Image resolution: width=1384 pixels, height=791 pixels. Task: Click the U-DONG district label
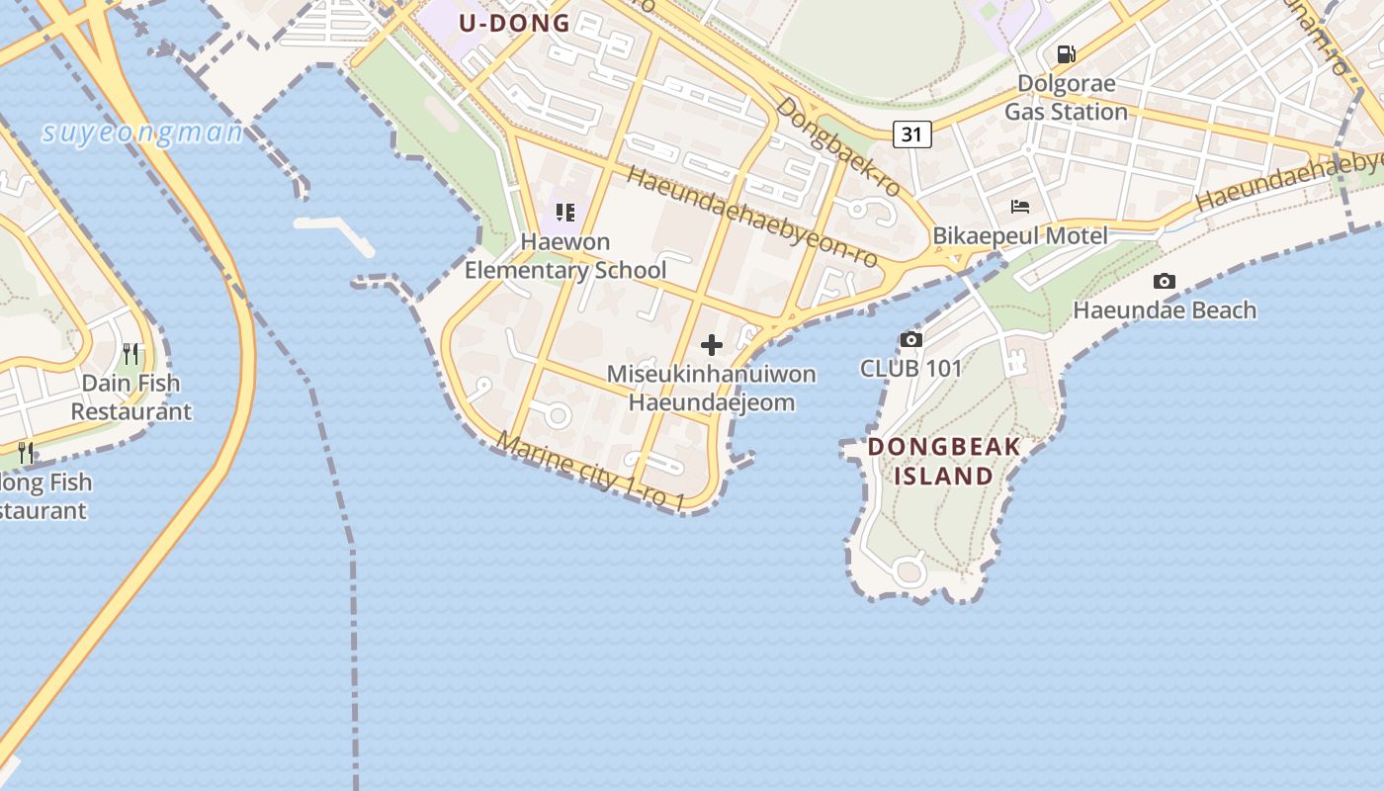515,23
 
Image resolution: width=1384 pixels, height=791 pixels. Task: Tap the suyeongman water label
142,132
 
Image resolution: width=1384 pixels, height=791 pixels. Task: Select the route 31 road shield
912,133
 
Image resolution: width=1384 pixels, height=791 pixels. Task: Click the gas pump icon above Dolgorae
1066,54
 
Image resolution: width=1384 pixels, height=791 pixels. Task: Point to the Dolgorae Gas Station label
1066,98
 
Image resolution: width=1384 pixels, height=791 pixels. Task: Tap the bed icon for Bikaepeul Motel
1020,207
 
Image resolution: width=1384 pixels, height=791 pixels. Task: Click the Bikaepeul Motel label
1020,236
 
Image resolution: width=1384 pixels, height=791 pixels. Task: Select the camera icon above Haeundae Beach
1165,282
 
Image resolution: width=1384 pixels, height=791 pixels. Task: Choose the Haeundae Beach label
1165,310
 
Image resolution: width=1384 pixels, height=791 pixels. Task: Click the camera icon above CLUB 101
910,340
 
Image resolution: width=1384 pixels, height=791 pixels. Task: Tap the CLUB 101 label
910,369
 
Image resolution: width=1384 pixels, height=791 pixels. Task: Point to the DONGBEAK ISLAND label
944,462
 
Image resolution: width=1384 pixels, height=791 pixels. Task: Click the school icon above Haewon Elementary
565,213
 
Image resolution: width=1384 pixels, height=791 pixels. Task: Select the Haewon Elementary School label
565,256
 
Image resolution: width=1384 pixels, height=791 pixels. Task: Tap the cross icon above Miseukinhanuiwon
712,345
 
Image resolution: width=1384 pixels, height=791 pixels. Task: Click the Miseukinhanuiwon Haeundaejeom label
712,389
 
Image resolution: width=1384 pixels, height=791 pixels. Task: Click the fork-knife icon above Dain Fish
130,353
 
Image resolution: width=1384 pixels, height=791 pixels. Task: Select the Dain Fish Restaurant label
130,397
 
